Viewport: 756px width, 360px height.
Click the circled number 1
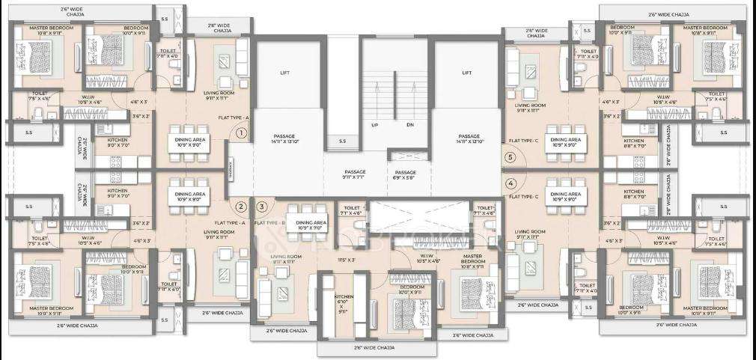241,133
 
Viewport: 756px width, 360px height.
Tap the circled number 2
241,207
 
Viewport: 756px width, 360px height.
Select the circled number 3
261,207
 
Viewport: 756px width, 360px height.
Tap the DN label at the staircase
410,125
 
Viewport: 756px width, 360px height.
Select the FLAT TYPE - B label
269,223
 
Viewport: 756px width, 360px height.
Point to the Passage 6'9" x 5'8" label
405,176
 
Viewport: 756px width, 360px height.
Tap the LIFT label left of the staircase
284,73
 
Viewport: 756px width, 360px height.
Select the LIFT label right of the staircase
467,73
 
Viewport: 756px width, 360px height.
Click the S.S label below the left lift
342,141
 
